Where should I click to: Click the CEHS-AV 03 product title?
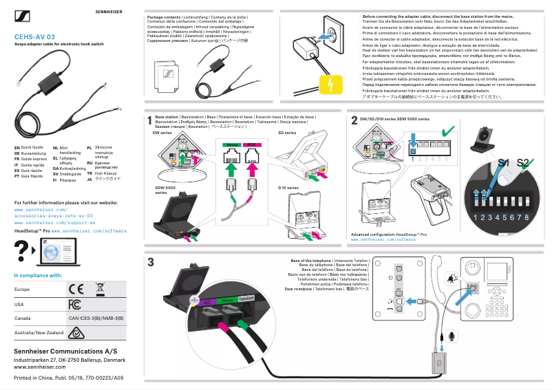click(35, 36)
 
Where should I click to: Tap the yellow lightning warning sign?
click(332, 85)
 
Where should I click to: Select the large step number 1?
click(150, 121)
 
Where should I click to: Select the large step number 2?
click(354, 121)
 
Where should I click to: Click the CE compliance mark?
click(76, 288)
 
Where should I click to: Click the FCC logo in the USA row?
click(75, 304)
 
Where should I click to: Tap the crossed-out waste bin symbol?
click(99, 288)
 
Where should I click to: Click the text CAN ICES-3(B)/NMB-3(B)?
click(96, 318)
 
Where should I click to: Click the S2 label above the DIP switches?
click(524, 163)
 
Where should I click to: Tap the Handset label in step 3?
click(247, 297)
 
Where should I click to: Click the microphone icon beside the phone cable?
click(452, 335)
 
